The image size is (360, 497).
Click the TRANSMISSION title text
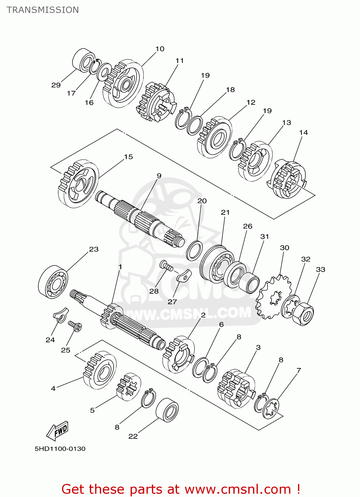click(43, 10)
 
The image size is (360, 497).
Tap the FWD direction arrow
click(58, 431)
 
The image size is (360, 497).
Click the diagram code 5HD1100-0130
click(60, 449)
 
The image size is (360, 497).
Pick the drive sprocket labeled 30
click(273, 297)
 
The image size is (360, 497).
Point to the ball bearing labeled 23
click(53, 282)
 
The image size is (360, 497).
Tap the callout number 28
click(154, 291)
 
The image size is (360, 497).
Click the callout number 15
click(128, 157)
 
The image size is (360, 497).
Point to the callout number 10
click(160, 49)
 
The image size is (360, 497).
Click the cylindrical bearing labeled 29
click(83, 60)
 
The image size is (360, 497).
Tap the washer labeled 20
click(195, 251)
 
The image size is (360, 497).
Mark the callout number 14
click(303, 133)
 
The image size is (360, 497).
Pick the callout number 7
click(299, 370)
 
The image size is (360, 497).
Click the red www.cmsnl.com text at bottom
click(237, 489)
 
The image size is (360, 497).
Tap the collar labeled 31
click(249, 283)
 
